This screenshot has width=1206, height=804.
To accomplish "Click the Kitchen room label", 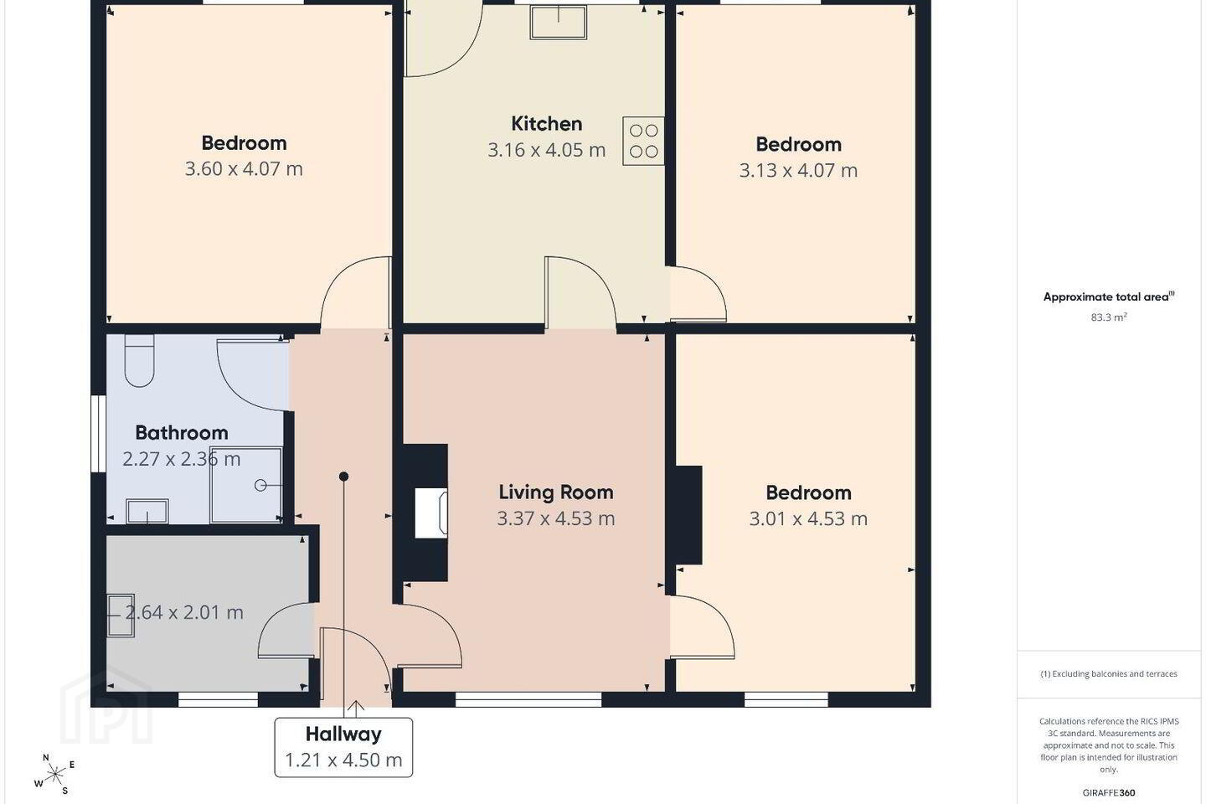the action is pyautogui.click(x=546, y=124).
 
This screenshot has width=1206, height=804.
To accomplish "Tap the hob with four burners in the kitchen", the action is pyautogui.click(x=643, y=141).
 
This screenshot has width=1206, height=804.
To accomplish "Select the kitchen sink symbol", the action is pyautogui.click(x=559, y=22).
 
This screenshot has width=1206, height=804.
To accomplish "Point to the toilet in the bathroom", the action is pyautogui.click(x=140, y=360).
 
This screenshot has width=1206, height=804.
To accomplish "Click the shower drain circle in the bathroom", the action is pyautogui.click(x=260, y=486).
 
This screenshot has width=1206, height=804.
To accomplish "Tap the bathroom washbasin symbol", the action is pyautogui.click(x=147, y=511).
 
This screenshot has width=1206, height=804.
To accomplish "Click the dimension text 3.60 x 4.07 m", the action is pyautogui.click(x=244, y=169).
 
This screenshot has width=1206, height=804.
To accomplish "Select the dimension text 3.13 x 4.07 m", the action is pyautogui.click(x=798, y=171).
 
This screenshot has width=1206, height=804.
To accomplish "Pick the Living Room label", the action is pyautogui.click(x=555, y=492).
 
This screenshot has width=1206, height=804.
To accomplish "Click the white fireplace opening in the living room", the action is pyautogui.click(x=430, y=513).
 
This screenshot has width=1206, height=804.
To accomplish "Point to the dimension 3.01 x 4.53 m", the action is pyautogui.click(x=808, y=518).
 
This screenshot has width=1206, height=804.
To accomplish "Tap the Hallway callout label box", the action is pyautogui.click(x=343, y=747).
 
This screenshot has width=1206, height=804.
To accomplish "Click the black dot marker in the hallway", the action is pyautogui.click(x=343, y=476).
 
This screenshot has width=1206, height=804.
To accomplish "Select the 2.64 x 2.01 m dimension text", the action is pyautogui.click(x=184, y=612).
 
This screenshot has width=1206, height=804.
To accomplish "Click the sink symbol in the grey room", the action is pyautogui.click(x=121, y=616).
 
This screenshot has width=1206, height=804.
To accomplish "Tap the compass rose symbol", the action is pyautogui.click(x=55, y=775).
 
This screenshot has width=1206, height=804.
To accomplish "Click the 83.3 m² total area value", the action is pyautogui.click(x=1109, y=317).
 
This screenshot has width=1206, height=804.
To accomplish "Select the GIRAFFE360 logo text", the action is pyautogui.click(x=1109, y=792).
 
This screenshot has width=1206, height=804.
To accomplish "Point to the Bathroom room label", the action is pyautogui.click(x=182, y=433).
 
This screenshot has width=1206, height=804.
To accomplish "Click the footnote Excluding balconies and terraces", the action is pyautogui.click(x=1109, y=673).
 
